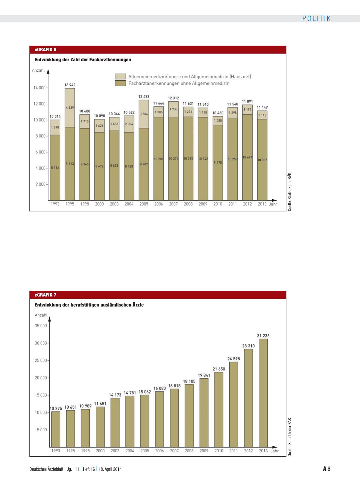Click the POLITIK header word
coord(316,19)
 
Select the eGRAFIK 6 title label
coord(45,50)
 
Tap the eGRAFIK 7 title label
coord(45,295)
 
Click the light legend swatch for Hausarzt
coord(120,77)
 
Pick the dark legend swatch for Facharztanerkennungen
coord(120,83)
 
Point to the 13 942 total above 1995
coord(70,85)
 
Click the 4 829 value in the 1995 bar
coord(70,107)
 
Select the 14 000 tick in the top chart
coord(39,88)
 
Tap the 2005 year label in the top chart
coord(144,204)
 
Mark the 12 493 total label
coord(144,96)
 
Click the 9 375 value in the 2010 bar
coord(218,163)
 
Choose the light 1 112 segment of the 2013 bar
coord(262,115)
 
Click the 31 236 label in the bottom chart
coord(263,336)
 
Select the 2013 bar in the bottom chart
coord(263,393)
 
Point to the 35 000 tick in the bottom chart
coord(41,326)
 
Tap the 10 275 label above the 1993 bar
coord(56,408)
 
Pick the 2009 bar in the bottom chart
coord(204,413)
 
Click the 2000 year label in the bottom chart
coord(100,451)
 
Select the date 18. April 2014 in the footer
coord(110,469)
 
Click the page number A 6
coord(327,469)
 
